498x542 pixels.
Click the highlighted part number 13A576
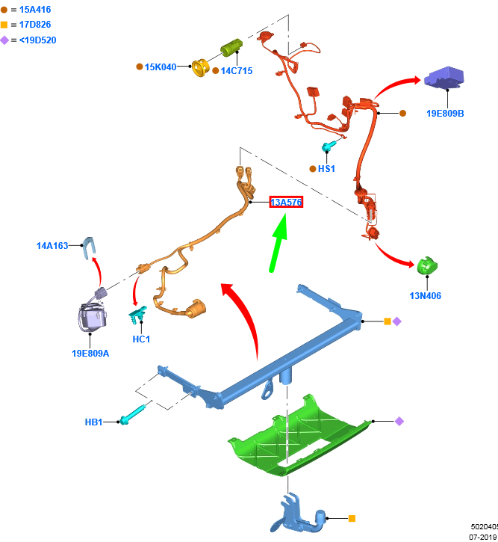pos(286,203)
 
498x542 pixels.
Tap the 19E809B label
pos(445,114)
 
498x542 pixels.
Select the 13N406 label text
pos(425,296)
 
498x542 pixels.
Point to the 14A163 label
pos(52,245)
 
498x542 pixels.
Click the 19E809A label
pos(90,353)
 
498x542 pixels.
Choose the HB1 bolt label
pos(93,422)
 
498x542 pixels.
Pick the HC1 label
pos(141,339)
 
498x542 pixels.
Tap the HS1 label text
pos(326,169)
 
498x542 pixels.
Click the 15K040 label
pos(161,67)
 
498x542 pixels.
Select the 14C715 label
pos(237,71)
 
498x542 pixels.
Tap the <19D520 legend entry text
pos(37,40)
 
